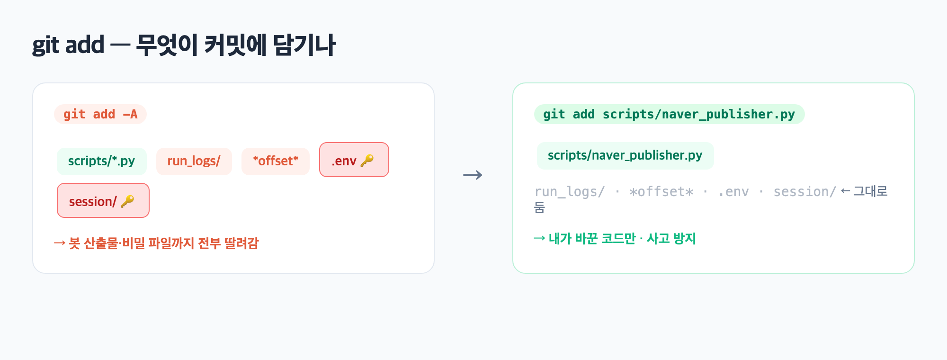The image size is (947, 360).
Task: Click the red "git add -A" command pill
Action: [x=100, y=114]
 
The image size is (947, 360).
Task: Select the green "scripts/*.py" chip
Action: [x=102, y=161]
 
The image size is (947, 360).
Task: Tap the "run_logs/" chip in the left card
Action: [x=194, y=161]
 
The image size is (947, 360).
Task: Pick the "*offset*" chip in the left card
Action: [x=276, y=161]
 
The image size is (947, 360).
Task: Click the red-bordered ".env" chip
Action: [x=354, y=160]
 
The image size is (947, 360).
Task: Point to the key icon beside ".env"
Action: [x=367, y=161]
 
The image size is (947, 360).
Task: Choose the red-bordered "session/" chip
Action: [x=103, y=200]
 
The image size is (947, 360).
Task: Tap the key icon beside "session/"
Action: [x=127, y=201]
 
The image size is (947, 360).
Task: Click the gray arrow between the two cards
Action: [x=473, y=175]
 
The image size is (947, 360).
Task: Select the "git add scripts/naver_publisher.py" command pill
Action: [x=669, y=114]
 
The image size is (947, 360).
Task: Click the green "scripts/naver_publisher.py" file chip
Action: [x=625, y=155]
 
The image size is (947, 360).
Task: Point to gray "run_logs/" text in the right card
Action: [x=570, y=191]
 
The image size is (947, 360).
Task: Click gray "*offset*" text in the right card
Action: [x=661, y=191]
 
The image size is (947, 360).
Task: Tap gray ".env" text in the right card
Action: [x=733, y=191]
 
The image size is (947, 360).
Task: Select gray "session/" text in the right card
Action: [x=805, y=191]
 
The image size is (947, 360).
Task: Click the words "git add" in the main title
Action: [x=68, y=45]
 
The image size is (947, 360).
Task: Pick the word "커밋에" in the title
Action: [x=235, y=45]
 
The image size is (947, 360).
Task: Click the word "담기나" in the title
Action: [x=304, y=45]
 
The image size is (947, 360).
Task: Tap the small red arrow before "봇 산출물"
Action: [x=60, y=243]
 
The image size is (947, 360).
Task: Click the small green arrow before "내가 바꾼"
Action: [x=539, y=238]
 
